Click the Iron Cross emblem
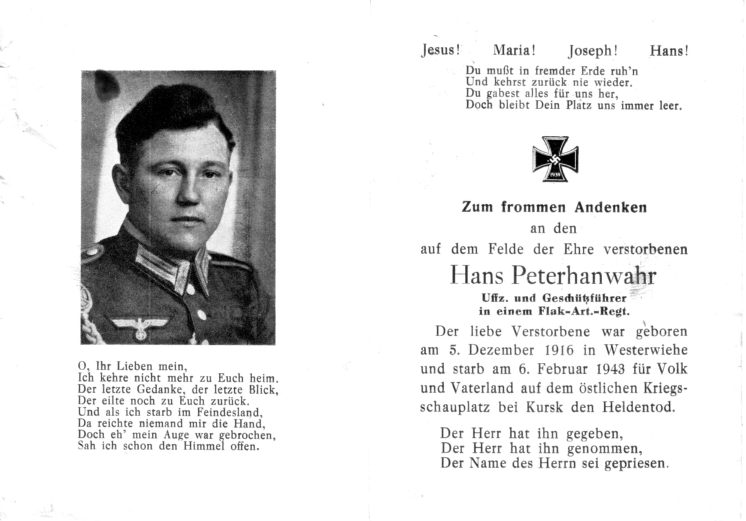555,159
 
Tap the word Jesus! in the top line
440,50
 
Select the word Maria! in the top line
514,51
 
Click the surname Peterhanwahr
584,276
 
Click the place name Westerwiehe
645,350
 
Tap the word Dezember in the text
498,350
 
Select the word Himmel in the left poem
205,446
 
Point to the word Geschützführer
585,298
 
